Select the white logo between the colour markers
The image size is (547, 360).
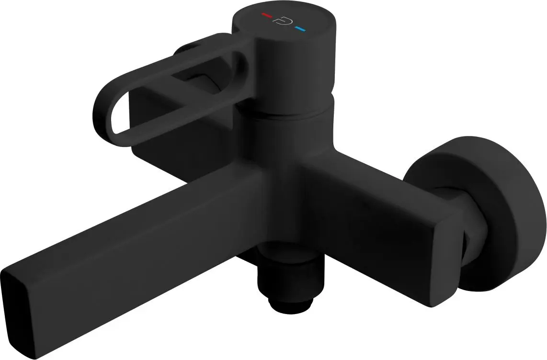pyautogui.click(x=281, y=22)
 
